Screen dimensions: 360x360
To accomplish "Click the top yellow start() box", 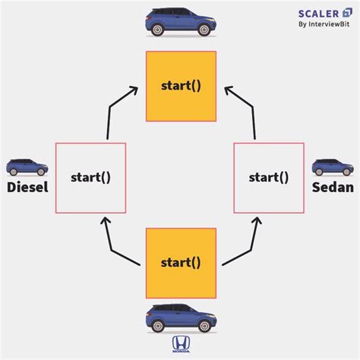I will (181, 86).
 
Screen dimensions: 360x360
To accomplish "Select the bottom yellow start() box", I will (181, 263).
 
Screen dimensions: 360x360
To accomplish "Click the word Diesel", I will (27, 186).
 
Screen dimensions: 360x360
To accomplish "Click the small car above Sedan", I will (332, 166).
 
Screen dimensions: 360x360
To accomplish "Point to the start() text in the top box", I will (181, 86).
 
